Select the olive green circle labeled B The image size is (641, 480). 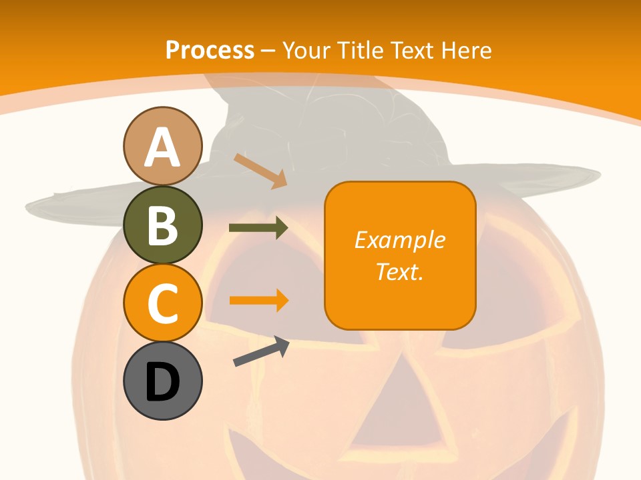[x=162, y=225]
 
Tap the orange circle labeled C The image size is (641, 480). [x=162, y=303]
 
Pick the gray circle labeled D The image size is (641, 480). [x=162, y=381]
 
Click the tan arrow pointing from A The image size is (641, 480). [x=260, y=171]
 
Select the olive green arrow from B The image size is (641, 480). [x=258, y=228]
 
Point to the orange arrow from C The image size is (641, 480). [x=258, y=300]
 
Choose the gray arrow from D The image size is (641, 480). [x=261, y=352]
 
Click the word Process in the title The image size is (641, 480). [x=210, y=50]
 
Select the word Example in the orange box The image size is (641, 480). [x=399, y=240]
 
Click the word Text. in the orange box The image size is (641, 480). [x=399, y=272]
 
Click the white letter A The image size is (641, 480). [x=162, y=148]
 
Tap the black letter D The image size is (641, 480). [x=162, y=382]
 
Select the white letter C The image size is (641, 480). [x=162, y=303]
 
